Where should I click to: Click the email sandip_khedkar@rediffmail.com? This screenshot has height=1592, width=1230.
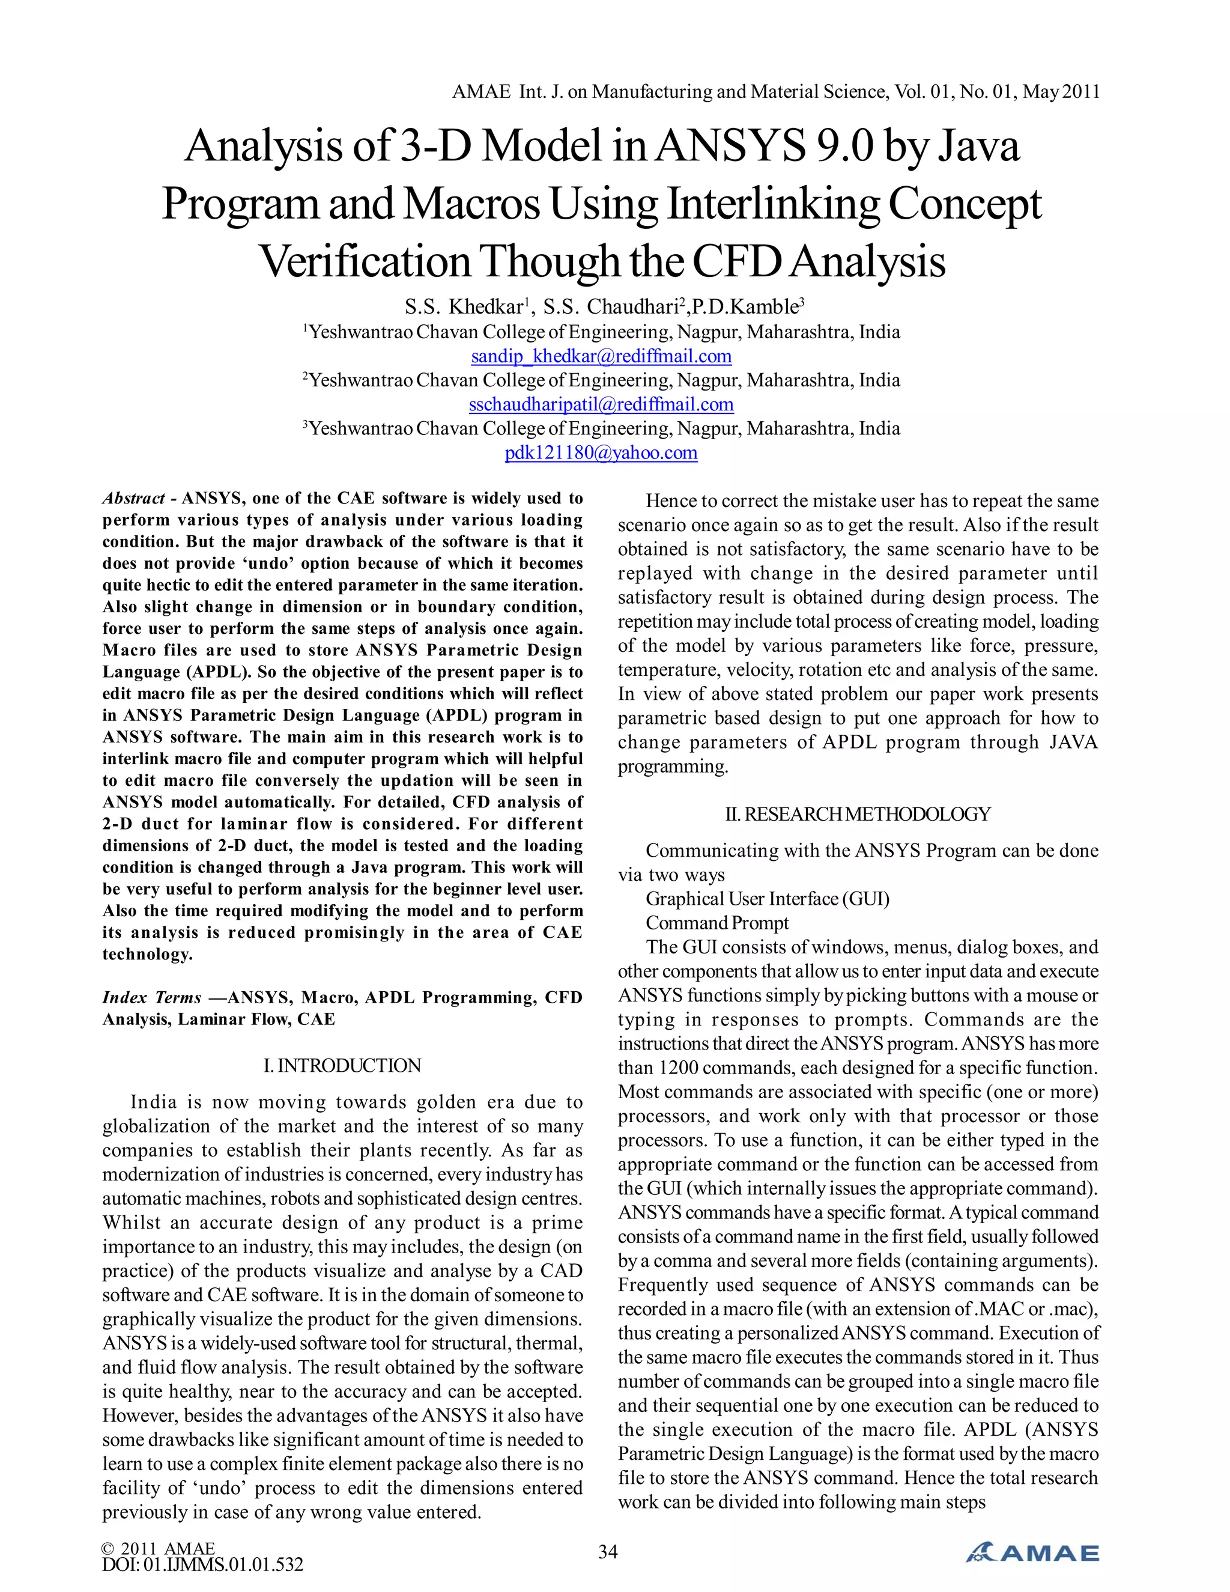(x=601, y=356)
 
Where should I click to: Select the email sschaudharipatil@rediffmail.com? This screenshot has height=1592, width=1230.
(x=601, y=404)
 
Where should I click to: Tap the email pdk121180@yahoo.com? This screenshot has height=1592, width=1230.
(x=601, y=453)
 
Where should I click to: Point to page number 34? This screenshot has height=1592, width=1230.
(x=608, y=1552)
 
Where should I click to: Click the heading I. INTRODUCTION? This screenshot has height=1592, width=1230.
(x=342, y=1066)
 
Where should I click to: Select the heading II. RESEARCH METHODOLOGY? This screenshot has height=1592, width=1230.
(x=858, y=814)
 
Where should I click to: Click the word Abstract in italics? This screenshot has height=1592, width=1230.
(x=133, y=499)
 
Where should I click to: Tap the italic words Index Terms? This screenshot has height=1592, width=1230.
(x=151, y=998)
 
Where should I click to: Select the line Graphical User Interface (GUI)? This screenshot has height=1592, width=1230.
(x=768, y=899)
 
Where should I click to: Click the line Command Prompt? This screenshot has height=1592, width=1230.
(x=717, y=923)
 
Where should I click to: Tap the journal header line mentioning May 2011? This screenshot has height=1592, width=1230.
(x=775, y=92)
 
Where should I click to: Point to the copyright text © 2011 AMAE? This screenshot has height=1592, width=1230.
(x=159, y=1548)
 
